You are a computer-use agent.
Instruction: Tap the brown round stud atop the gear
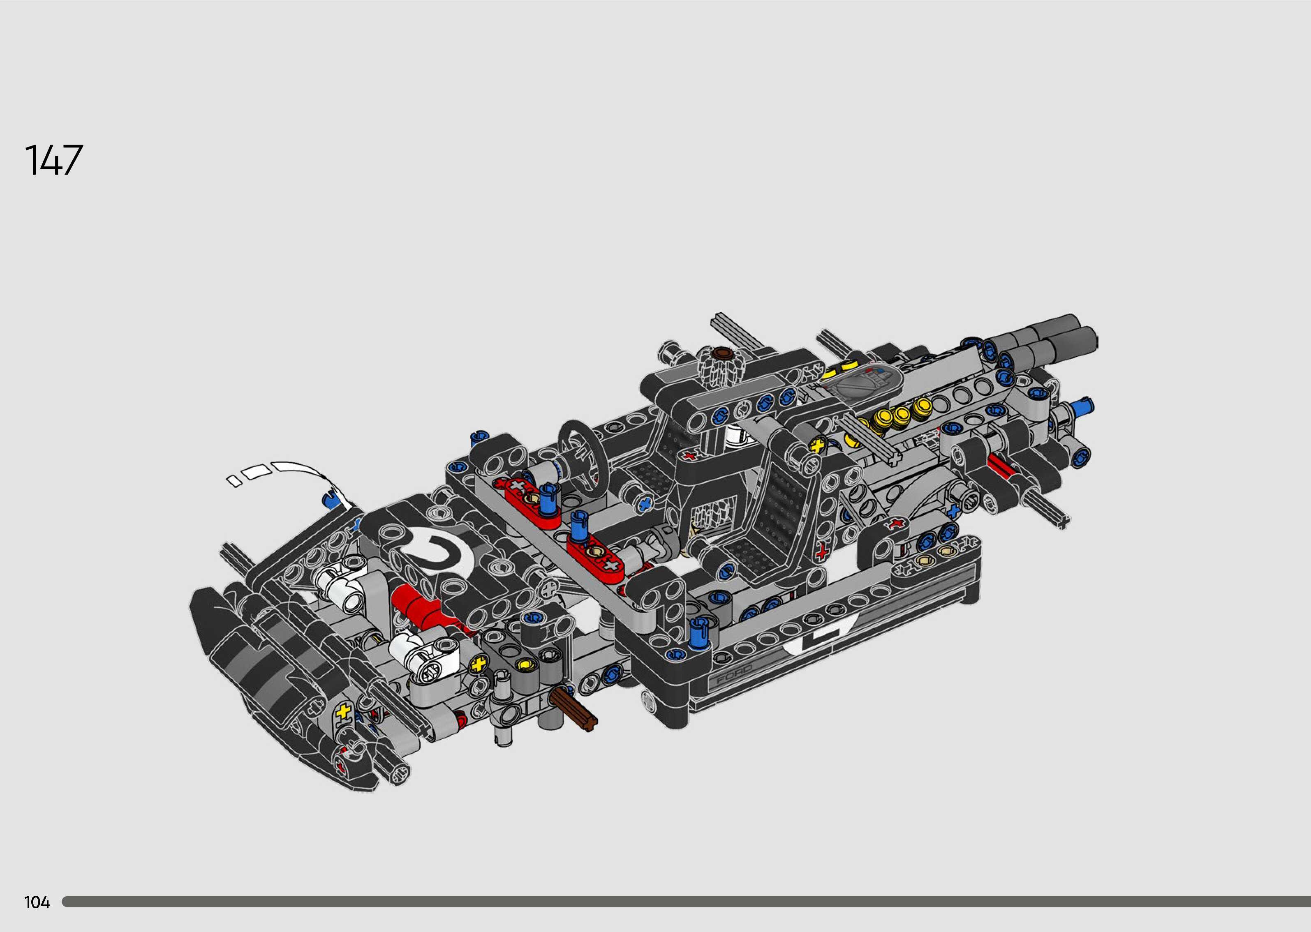coord(721,352)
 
